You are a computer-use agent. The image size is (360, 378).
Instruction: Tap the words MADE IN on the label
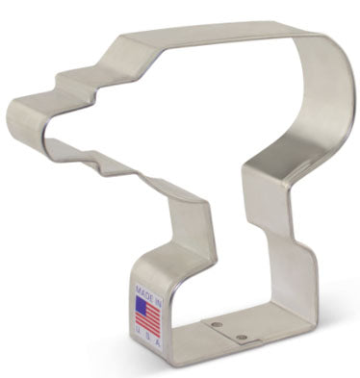147,291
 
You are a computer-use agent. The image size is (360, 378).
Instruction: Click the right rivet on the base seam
242,337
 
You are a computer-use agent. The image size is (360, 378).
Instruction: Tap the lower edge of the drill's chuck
58,144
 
